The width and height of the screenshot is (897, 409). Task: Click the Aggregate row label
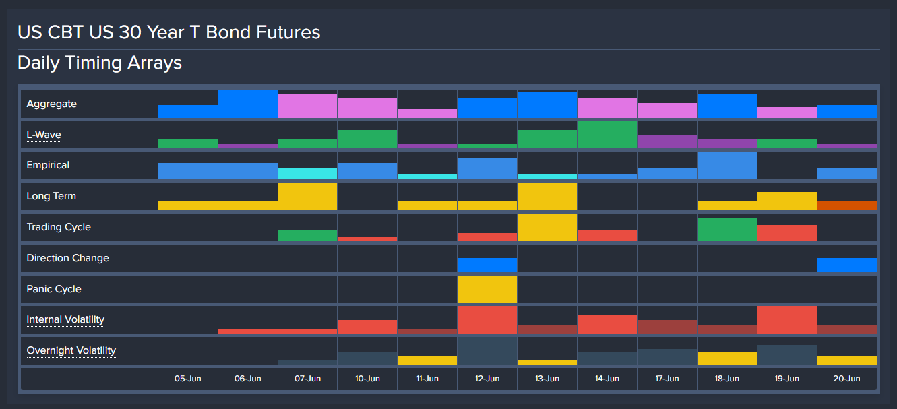pos(51,104)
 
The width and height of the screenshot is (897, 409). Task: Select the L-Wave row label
pos(44,135)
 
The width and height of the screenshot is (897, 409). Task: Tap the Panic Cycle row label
pos(54,289)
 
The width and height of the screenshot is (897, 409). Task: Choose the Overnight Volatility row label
pos(71,350)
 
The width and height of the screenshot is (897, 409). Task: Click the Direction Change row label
pos(67,258)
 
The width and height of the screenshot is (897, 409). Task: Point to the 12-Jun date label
pos(487,379)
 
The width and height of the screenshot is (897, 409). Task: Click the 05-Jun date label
pos(188,379)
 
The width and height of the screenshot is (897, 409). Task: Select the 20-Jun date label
pos(846,379)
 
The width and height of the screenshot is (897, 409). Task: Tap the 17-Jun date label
pos(667,379)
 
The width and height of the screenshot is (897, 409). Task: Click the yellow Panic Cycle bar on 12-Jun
pos(487,289)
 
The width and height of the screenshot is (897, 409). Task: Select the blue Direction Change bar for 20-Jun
pos(846,265)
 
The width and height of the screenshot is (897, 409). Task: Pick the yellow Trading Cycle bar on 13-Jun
pos(547,227)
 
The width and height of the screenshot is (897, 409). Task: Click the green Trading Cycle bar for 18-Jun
pos(726,230)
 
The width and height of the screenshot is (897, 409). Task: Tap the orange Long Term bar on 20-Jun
pos(846,206)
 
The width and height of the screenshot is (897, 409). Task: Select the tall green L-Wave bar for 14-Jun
pos(607,135)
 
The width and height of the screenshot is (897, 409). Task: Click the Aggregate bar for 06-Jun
pos(247,104)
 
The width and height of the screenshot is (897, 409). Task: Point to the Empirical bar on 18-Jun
pos(726,166)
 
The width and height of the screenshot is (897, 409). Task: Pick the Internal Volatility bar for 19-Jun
pos(786,319)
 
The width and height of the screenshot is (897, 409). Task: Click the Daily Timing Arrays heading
pos(100,63)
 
